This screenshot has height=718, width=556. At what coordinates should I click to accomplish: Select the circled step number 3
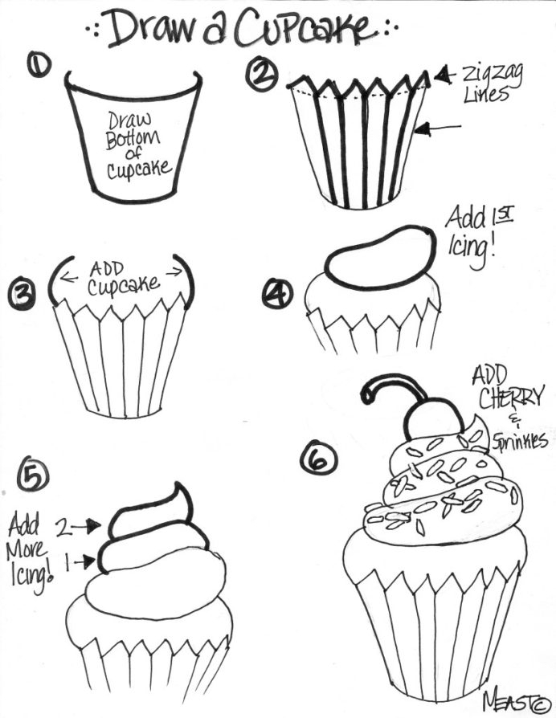(21, 296)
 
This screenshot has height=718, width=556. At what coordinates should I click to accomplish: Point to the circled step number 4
(278, 296)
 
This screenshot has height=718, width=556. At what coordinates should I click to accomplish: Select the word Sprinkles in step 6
(521, 440)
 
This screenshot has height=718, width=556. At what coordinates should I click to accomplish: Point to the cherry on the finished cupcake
(434, 419)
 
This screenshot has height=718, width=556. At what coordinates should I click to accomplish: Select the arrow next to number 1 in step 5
(84, 563)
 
